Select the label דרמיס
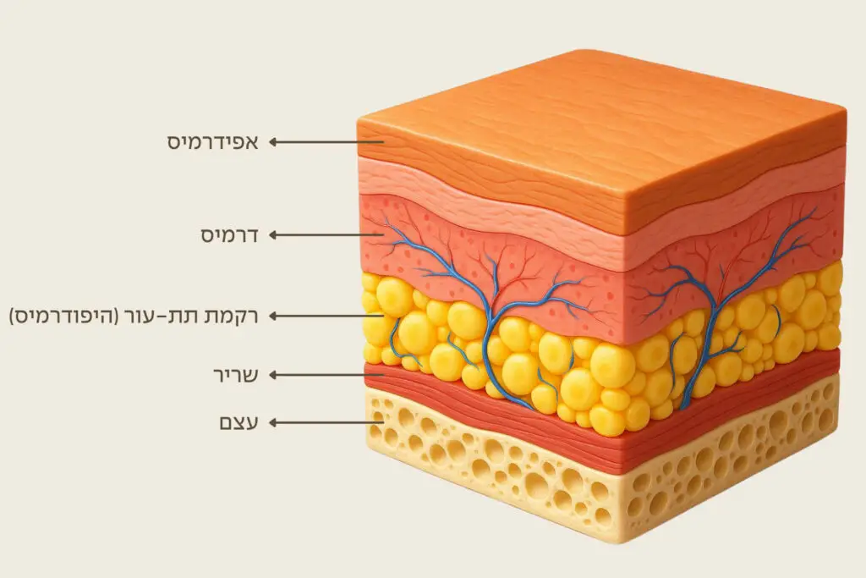(x=228, y=234)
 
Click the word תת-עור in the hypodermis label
(x=173, y=316)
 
